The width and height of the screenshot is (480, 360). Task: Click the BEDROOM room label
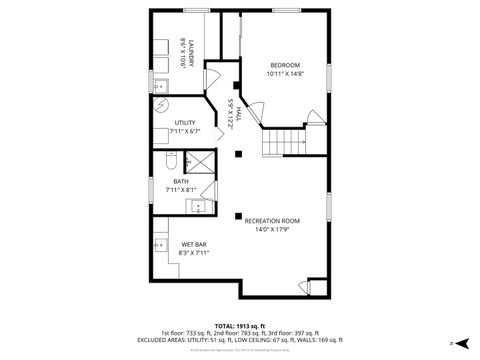pos(283,65)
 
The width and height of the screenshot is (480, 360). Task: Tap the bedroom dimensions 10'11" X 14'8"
pos(283,74)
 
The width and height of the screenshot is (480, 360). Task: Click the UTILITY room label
pos(185,122)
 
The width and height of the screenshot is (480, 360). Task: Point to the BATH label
pos(181,181)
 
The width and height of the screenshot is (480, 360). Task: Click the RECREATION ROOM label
pos(272,220)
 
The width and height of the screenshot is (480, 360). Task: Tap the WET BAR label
pos(194,244)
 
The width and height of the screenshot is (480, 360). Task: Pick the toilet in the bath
pos(169,161)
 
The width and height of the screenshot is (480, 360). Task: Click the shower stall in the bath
pos(200,163)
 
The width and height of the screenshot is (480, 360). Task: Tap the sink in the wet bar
pos(161,243)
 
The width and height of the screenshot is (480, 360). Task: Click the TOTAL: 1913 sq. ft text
pos(240,325)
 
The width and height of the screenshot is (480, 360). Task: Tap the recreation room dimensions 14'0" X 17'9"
pos(272,229)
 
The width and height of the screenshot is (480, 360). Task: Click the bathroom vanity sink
pos(199,207)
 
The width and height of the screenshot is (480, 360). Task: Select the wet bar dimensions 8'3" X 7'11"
pos(194,253)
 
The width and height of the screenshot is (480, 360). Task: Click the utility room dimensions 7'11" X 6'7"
pos(185,131)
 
